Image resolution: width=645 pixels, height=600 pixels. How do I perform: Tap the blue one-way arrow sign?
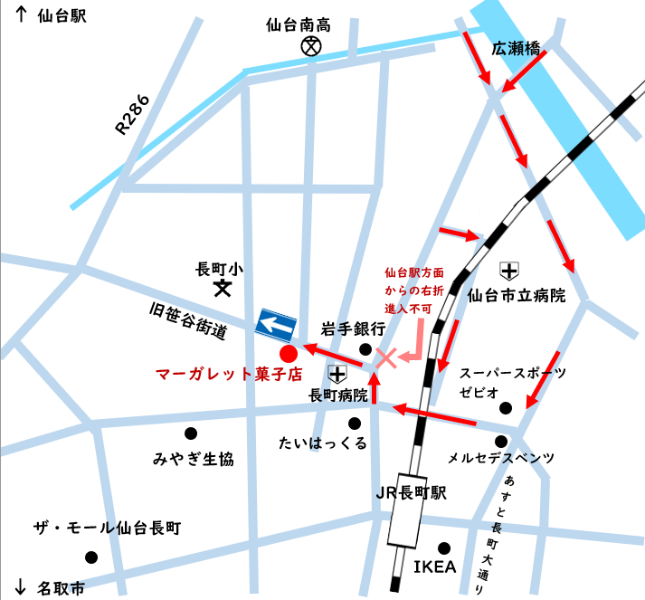(277, 323)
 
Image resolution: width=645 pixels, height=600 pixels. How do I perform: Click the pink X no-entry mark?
(386, 357)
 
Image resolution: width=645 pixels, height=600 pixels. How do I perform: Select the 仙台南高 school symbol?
(311, 44)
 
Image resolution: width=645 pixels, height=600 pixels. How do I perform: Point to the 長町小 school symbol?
(221, 289)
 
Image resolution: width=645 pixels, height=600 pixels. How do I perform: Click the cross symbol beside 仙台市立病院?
(509, 270)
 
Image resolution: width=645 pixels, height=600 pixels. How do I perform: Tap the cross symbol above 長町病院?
(337, 373)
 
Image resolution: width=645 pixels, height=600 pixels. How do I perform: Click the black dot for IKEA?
(444, 548)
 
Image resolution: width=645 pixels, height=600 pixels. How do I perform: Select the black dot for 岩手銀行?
(365, 348)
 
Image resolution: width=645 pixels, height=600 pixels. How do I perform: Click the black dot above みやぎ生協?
(190, 433)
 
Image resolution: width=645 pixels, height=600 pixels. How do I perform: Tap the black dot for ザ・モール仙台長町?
(90, 557)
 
